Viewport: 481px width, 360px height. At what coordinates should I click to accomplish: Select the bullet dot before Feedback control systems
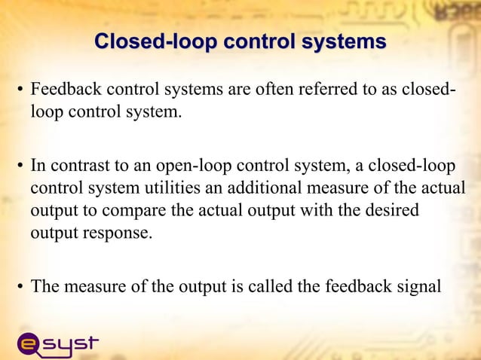tap(20, 93)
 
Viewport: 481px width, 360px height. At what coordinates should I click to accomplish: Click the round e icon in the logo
tap(29, 344)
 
